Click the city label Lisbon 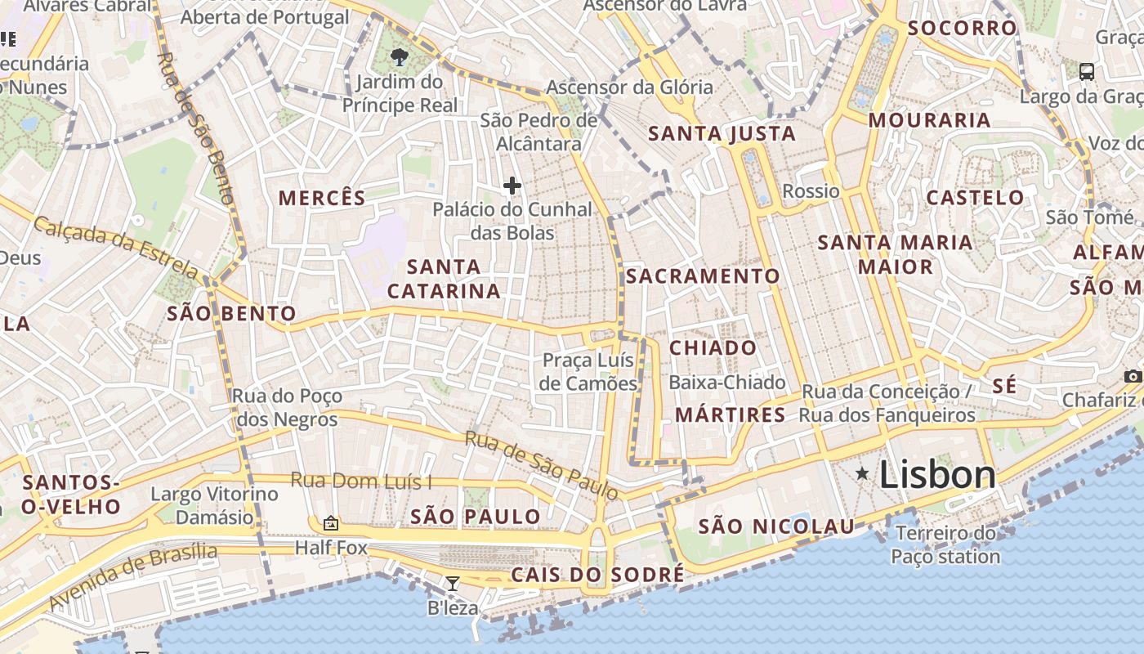click(937, 475)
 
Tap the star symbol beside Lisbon click(862, 473)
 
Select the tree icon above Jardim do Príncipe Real click(400, 57)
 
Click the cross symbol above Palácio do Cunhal click(512, 186)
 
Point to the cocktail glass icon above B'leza click(452, 584)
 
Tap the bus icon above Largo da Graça click(1087, 71)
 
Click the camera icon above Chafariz click(1133, 376)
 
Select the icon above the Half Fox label click(331, 523)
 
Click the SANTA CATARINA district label click(444, 279)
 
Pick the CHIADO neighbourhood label click(713, 348)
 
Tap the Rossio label click(811, 191)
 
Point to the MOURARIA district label click(929, 120)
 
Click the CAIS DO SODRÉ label click(597, 575)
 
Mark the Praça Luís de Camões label click(589, 372)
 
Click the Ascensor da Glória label click(629, 87)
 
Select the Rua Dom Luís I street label click(361, 481)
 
